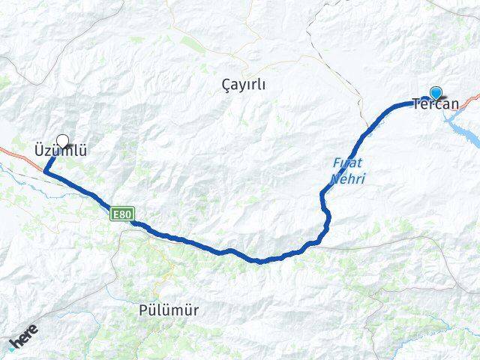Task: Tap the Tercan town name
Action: (x=435, y=105)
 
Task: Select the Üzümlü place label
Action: (x=60, y=151)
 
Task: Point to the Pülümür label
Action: (x=169, y=309)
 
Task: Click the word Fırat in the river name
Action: (x=343, y=162)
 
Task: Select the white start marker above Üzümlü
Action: (x=62, y=140)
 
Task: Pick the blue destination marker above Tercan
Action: (x=435, y=93)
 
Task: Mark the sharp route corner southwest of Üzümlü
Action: (x=45, y=172)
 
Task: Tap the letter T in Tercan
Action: (x=416, y=105)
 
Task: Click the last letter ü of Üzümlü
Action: (x=82, y=151)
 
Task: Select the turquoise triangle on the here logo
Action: (x=13, y=346)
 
